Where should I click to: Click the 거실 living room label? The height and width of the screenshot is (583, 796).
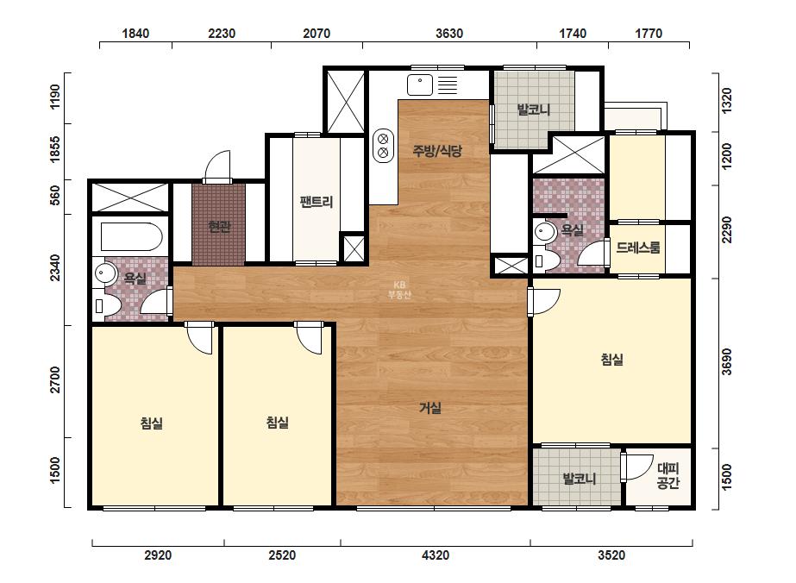[x=430, y=408]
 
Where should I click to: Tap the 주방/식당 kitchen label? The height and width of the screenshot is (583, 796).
[x=437, y=150]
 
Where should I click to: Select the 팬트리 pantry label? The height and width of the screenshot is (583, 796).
[x=316, y=202]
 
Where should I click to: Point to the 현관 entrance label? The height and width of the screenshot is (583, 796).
[x=219, y=227]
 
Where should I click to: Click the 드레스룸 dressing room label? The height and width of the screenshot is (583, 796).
[x=638, y=248]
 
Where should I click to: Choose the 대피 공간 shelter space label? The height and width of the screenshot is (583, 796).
[x=668, y=475]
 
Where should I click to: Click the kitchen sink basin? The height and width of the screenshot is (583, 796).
[x=420, y=85]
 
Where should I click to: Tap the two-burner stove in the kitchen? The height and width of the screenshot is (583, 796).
[x=383, y=145]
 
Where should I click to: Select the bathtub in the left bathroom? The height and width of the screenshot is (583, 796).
[x=131, y=236]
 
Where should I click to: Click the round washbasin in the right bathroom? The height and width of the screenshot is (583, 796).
[x=545, y=232]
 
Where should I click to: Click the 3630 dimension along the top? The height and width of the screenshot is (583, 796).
[x=449, y=34]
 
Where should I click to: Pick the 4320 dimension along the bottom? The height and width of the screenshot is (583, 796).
[x=435, y=555]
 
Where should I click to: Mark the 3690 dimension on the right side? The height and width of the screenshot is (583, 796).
[x=727, y=361]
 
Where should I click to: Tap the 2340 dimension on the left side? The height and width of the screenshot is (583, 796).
[x=55, y=267]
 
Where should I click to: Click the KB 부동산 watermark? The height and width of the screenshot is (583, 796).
[x=399, y=290]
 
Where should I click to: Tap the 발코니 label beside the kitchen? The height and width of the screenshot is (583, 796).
[x=534, y=110]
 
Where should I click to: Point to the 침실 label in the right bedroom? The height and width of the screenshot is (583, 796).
[x=611, y=360]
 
